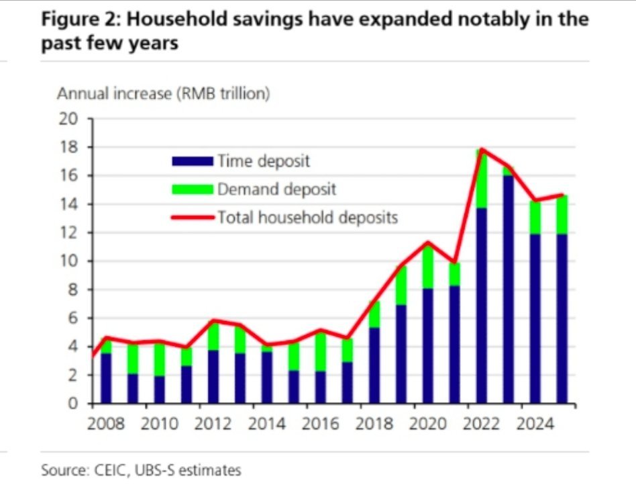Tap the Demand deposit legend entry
coord(276,189)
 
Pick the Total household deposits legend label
coord(307,218)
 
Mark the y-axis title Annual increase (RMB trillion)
coord(164,94)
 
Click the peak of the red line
coord(481,149)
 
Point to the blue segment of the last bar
coord(562,319)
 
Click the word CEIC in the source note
coord(106,470)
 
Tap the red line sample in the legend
coord(193,218)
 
